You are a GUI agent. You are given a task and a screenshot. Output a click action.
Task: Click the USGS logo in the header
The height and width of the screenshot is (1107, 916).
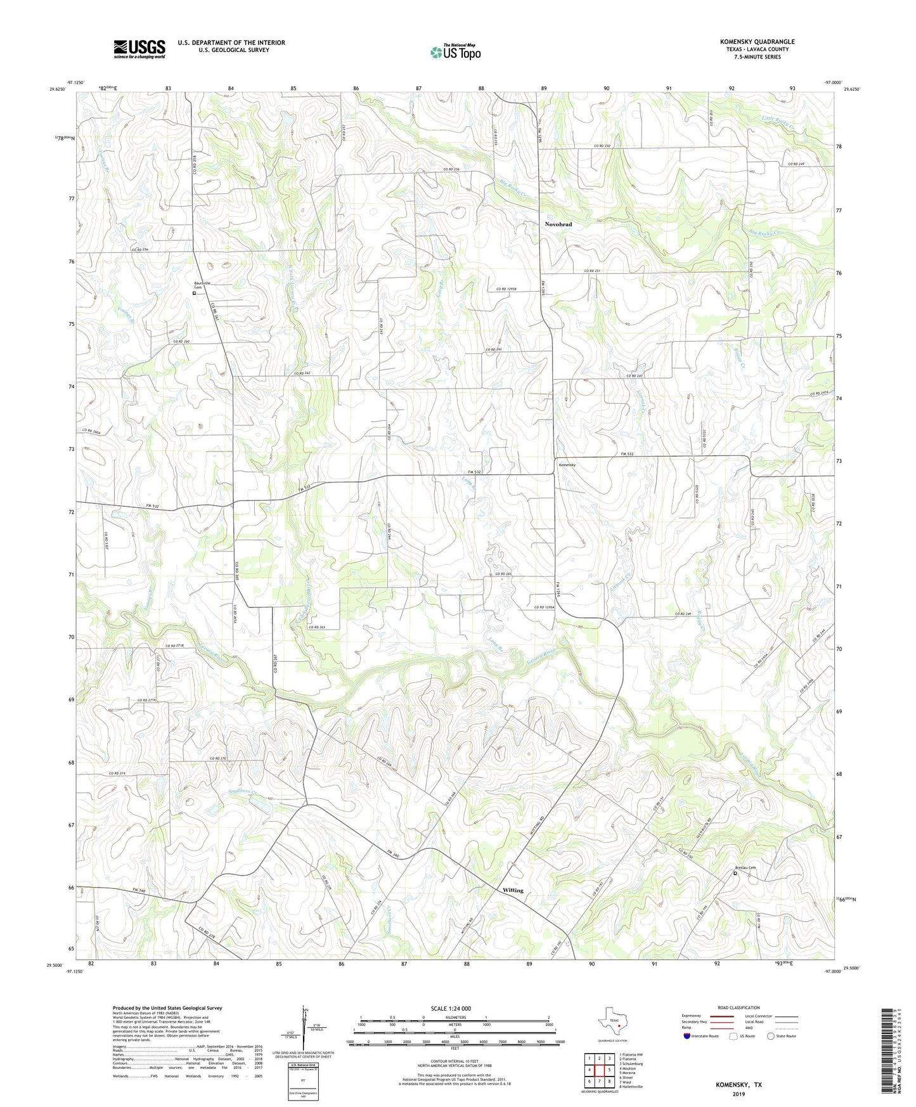(139, 49)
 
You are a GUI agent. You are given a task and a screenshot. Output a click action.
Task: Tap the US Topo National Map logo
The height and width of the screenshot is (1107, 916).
(455, 52)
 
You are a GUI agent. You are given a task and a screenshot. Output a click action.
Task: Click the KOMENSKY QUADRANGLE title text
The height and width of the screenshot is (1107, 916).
(757, 42)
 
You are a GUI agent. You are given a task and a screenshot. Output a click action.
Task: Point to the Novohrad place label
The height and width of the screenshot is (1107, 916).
(558, 224)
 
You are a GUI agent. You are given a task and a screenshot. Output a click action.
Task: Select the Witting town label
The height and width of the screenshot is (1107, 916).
(513, 890)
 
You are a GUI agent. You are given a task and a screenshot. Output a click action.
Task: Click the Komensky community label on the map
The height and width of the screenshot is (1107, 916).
(567, 465)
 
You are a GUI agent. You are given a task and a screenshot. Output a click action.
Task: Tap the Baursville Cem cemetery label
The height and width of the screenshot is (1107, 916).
(202, 285)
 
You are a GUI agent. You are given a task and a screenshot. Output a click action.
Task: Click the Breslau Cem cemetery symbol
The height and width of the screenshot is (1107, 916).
(735, 874)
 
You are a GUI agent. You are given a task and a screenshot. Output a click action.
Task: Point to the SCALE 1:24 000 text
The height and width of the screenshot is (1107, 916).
(451, 1008)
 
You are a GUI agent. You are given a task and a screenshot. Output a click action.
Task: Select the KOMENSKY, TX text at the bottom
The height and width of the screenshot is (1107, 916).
(739, 1085)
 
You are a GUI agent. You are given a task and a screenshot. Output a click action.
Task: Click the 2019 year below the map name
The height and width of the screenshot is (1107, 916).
(739, 1094)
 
